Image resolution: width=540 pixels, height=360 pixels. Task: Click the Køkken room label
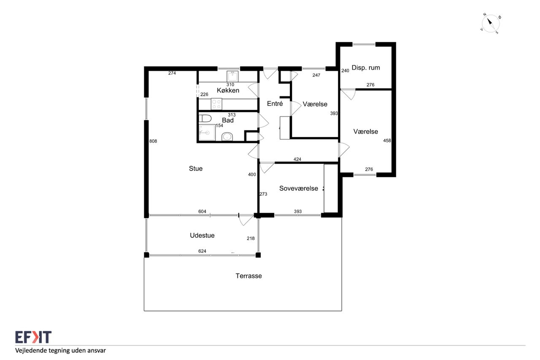coord(228,90)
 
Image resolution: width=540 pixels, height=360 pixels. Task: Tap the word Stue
coord(195,168)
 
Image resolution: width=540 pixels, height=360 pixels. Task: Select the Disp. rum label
coord(366,68)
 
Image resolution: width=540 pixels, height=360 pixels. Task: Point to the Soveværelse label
coord(298,188)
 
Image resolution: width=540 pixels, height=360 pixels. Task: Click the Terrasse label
coord(248,276)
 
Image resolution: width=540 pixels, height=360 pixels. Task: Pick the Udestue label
coord(202,235)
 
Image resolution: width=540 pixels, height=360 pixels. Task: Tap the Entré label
coord(275,103)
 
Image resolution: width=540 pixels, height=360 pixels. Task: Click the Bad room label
coord(227,120)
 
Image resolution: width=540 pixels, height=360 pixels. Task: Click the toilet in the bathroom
coord(205,119)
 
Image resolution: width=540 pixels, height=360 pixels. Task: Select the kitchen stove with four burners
coord(216,104)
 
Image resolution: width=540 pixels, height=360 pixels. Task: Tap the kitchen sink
coord(232,76)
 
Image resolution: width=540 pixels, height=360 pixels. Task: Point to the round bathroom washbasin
coord(227,137)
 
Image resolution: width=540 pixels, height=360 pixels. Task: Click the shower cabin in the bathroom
coord(207,133)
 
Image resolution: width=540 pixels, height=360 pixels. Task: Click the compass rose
coord(490,24)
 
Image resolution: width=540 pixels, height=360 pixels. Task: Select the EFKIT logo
coord(33,337)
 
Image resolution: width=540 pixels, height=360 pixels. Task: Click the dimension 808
coord(153,141)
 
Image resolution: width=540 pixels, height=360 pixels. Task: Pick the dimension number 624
coord(202,251)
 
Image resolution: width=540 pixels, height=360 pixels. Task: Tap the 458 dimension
coord(387,141)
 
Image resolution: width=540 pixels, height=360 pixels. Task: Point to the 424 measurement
coord(297,160)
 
